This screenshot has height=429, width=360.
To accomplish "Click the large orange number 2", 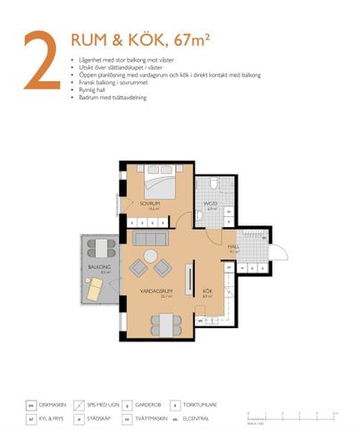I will pos(41,62).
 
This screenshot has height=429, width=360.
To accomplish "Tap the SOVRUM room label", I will pos(149,204).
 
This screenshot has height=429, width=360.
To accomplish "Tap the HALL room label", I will pos(233,247).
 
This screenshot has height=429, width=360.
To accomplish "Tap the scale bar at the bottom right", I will pos(292,414).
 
